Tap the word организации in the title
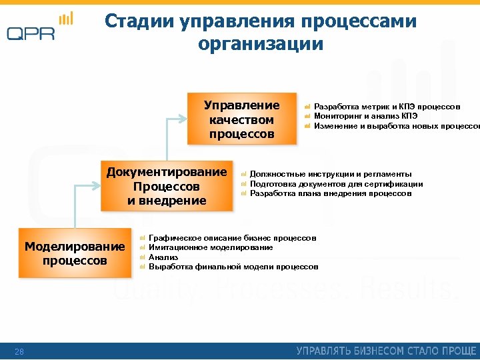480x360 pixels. [261, 45]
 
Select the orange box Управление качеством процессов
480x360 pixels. [241, 120]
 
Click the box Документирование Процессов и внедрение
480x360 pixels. [167, 186]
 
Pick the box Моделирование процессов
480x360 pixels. [75, 253]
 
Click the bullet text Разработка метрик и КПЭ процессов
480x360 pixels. [387, 107]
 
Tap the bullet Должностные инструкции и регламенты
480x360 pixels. [331, 174]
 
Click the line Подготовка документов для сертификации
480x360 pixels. [336, 184]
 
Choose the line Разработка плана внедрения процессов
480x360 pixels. [331, 193]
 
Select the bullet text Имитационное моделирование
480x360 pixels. [211, 247]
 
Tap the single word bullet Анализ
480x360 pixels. [163, 257]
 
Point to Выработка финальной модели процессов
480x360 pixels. [233, 267]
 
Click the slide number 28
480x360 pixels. [19, 351]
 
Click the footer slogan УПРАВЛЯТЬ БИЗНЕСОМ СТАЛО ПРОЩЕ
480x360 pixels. [387, 351]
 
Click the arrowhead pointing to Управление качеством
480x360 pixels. [183, 119]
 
